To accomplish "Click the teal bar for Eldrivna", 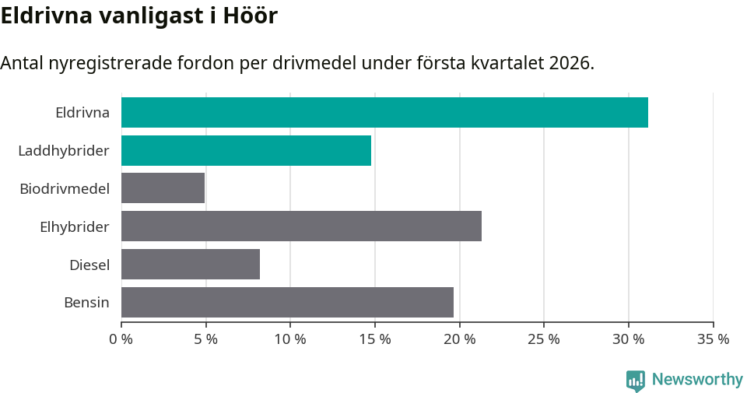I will click(384, 112).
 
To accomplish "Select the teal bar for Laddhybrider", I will click(246, 150).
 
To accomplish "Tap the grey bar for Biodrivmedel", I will click(163, 188).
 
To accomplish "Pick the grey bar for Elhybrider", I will click(301, 226).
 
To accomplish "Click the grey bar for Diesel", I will click(191, 264).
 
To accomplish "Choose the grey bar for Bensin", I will click(287, 302).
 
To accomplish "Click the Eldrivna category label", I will click(82, 112).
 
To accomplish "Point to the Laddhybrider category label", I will click(64, 150).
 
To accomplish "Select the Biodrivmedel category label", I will click(65, 188).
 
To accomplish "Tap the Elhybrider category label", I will click(75, 226).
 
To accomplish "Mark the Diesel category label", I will click(89, 265).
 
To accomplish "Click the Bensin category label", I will click(86, 303).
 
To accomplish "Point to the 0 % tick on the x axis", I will click(121, 339).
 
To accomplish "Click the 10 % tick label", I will click(290, 339).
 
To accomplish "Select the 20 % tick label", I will click(459, 339).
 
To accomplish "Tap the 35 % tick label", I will click(713, 339).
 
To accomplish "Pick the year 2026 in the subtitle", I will click(568, 63).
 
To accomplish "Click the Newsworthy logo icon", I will click(636, 380).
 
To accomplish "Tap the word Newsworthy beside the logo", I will click(697, 380).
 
